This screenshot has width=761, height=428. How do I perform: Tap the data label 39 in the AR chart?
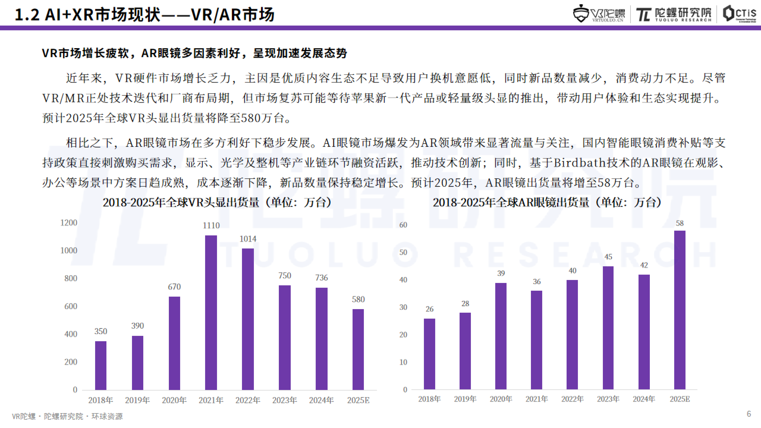tap(501, 273)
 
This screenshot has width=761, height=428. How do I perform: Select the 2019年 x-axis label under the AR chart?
tap(465, 399)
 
